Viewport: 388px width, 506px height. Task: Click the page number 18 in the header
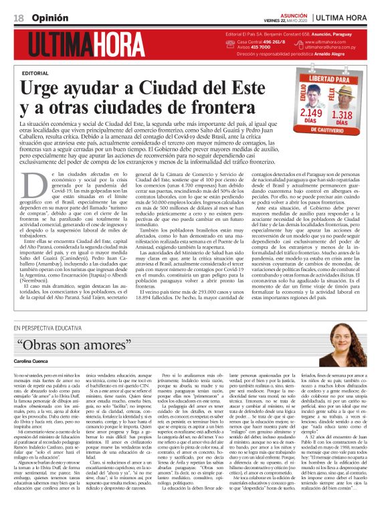[x=18, y=17]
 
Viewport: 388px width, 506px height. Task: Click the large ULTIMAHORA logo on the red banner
[x=89, y=45]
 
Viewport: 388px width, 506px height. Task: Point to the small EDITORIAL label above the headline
[x=35, y=72]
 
